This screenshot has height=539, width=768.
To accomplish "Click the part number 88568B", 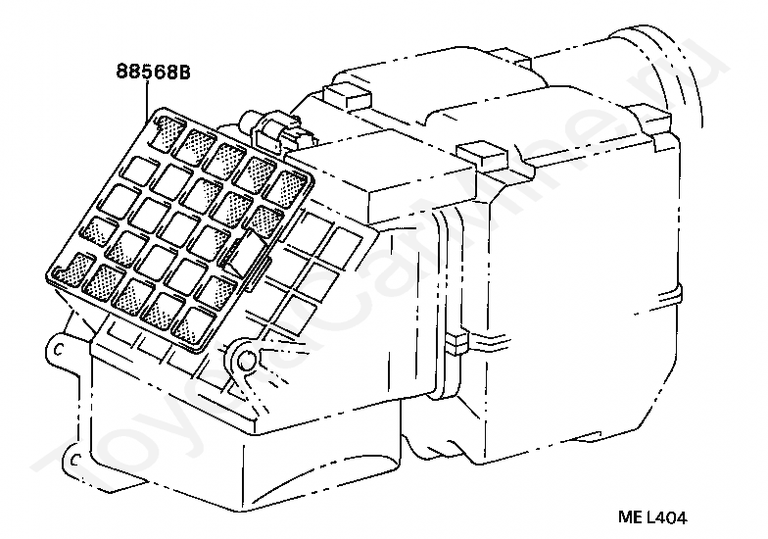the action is click(152, 71).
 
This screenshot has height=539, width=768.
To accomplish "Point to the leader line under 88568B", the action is click(148, 98).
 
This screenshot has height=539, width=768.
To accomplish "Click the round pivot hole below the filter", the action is click(246, 359).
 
